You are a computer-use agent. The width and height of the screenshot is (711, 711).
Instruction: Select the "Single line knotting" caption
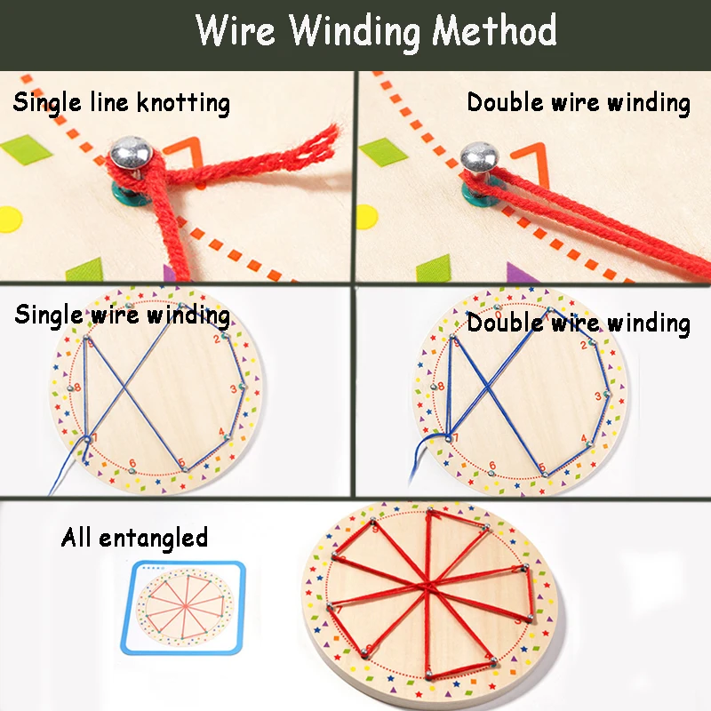pos(121,102)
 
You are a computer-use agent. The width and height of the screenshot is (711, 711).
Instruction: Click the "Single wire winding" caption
pos(122,315)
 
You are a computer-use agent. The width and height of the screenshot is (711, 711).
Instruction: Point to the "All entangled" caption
pos(134,537)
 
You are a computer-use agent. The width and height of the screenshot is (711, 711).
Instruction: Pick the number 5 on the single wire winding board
pos(181,461)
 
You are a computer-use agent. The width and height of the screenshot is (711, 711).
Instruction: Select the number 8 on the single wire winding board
pos(78,387)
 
